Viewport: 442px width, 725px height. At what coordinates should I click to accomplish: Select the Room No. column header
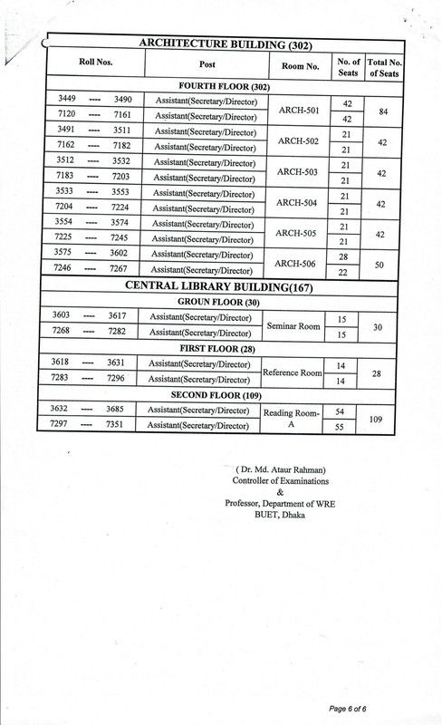295,66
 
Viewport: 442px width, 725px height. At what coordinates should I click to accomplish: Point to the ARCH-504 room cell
295,203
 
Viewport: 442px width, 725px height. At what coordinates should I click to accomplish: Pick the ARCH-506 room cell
295,264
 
